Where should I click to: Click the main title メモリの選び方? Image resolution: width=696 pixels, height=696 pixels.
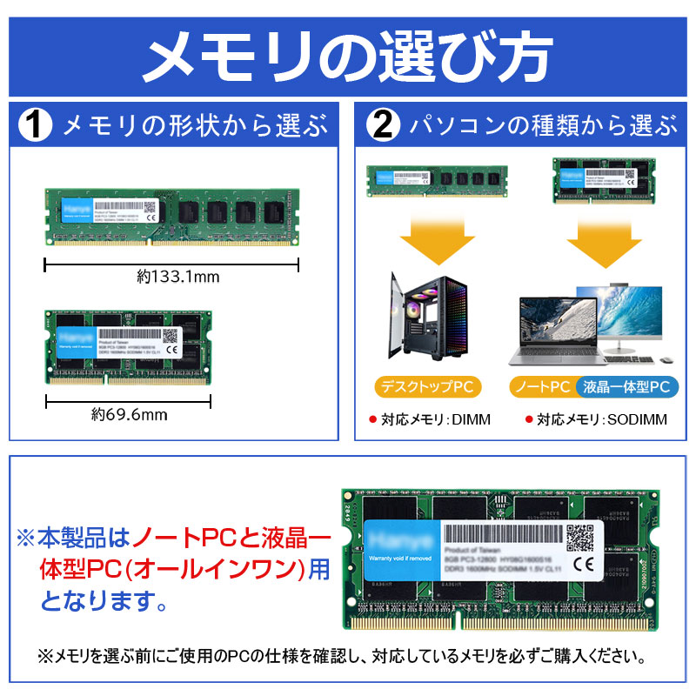point(348,54)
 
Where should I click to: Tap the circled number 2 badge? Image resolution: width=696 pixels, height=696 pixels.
point(382,126)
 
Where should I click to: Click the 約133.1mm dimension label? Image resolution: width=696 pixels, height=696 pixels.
point(178,277)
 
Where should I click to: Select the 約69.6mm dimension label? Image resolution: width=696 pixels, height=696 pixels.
point(129,414)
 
